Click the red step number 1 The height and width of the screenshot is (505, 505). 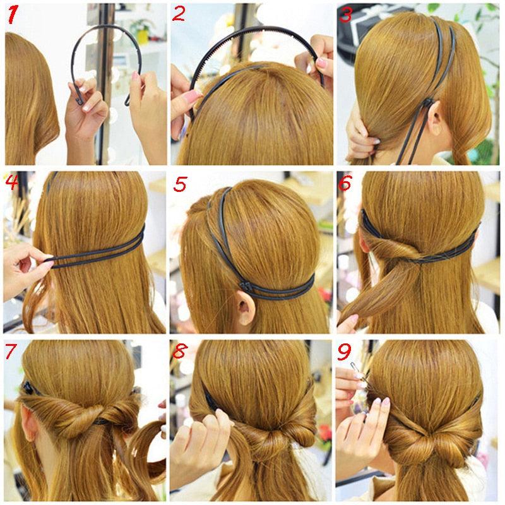coord(14,14)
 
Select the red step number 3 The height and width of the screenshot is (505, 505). coord(345,14)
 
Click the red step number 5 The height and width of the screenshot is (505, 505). coord(181,184)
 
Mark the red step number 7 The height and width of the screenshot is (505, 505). coord(12,351)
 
